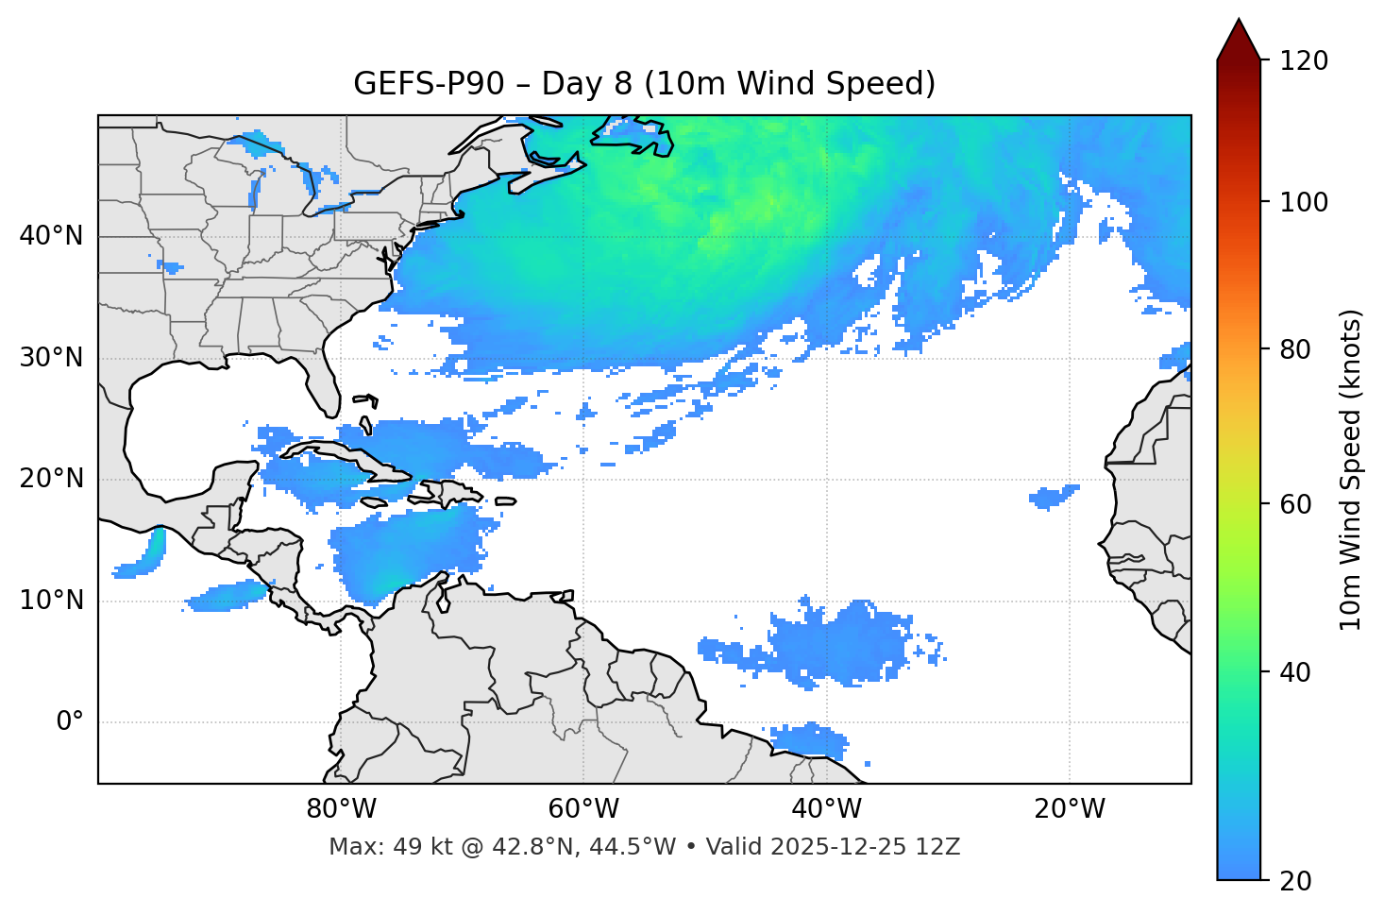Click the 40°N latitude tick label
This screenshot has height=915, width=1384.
click(x=51, y=236)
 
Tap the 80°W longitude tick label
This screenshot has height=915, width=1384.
click(x=341, y=809)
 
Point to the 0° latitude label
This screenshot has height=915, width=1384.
click(x=70, y=722)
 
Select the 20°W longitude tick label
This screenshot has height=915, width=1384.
click(x=1070, y=809)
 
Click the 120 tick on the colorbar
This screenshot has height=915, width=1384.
click(x=1304, y=61)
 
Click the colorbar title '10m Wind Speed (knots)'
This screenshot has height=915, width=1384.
click(x=1351, y=469)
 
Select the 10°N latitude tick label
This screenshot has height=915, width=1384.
click(x=51, y=601)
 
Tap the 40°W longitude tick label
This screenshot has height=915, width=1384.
click(x=827, y=809)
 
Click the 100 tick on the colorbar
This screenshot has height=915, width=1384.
click(x=1304, y=202)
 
